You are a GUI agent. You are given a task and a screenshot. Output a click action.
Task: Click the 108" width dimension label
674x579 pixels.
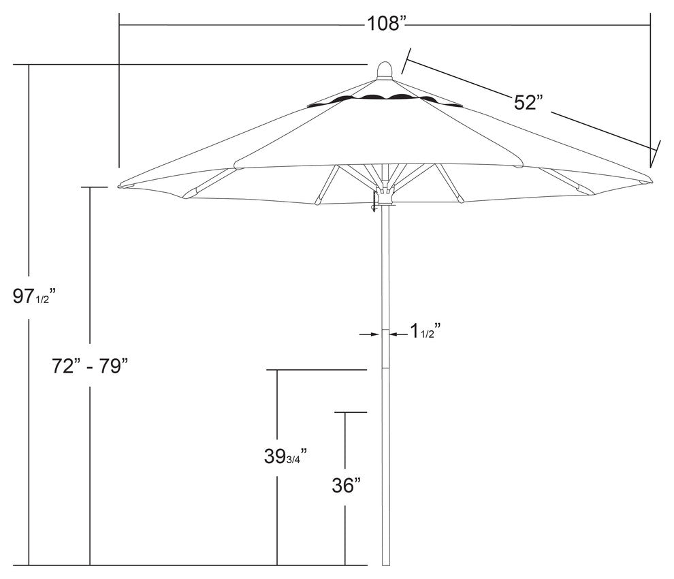(x=386, y=24)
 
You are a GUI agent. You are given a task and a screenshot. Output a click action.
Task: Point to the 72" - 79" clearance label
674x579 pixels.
(x=90, y=366)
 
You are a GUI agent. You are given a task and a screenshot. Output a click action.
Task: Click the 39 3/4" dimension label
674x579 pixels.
(x=285, y=456)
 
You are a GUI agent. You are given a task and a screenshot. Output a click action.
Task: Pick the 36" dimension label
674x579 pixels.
(x=346, y=486)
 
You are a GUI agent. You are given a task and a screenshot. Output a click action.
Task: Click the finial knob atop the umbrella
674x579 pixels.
(x=385, y=71)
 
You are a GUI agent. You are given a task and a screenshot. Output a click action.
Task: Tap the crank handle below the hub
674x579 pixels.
(x=374, y=202)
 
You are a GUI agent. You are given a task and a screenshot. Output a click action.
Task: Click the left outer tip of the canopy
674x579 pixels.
(x=121, y=185)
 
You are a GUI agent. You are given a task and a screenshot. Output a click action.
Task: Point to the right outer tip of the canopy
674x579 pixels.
(x=648, y=181)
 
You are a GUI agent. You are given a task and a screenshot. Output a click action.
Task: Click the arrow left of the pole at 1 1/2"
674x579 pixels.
(x=371, y=334)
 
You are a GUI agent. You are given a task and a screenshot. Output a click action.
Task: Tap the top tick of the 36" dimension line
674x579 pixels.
(x=350, y=412)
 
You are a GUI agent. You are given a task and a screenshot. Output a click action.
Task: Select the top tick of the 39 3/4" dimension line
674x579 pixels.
(x=317, y=370)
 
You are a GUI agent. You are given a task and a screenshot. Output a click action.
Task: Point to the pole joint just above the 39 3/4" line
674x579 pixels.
(x=385, y=369)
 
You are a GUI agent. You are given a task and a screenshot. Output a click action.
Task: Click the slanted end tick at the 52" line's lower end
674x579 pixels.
(x=655, y=150)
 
